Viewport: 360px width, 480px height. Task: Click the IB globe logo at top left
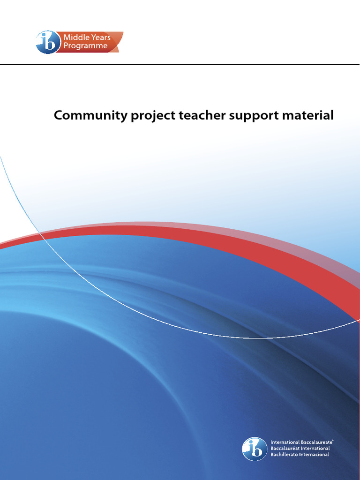[x=48, y=42]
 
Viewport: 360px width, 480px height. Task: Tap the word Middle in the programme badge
[x=77, y=37]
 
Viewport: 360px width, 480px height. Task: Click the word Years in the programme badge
[x=101, y=37]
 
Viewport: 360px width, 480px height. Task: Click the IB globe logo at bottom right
[x=255, y=449]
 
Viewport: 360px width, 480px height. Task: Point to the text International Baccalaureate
[x=302, y=442]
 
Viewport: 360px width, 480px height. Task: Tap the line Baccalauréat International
[x=300, y=448]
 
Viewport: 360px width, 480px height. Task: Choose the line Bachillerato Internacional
[x=300, y=454]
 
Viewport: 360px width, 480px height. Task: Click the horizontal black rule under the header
[x=180, y=65]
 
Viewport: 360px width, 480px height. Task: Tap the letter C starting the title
[x=59, y=115]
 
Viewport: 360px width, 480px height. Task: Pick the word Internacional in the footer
[x=315, y=454]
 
